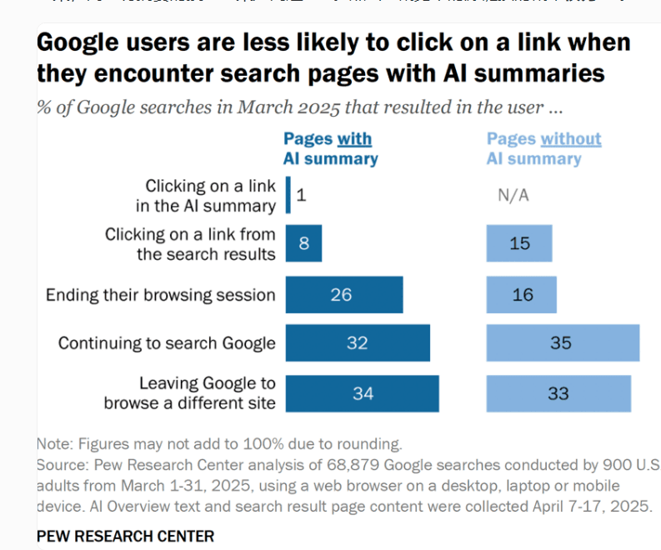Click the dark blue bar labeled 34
coord(362,393)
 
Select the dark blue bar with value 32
coord(358,343)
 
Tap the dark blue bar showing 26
coord(343,294)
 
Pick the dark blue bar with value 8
coord(303,244)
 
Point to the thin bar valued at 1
coord(288,195)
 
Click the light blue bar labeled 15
coord(518,244)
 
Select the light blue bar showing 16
coord(521,294)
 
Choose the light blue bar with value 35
coord(563,343)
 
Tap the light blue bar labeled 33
coord(558,393)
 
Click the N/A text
coord(513,196)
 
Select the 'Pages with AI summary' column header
coord(330,148)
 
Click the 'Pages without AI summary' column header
coord(543,148)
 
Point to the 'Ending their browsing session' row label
coord(160,295)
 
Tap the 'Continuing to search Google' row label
coord(166,343)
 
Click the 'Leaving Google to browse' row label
coord(190,393)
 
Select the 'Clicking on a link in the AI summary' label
coord(206,195)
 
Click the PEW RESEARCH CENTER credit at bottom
coord(125,536)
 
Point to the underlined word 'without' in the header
coord(571,139)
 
